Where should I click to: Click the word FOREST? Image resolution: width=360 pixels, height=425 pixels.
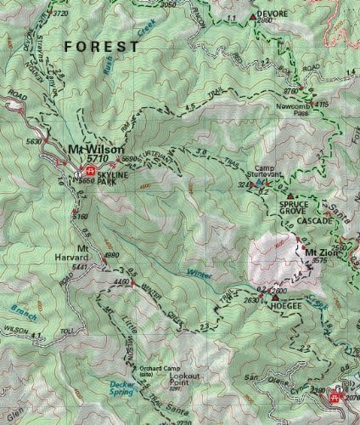click(102, 46)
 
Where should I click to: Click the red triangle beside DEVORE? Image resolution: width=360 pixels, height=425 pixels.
click(250, 16)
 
